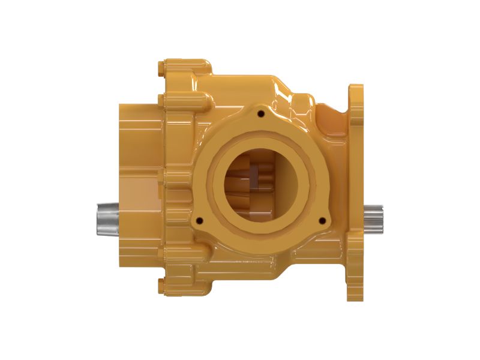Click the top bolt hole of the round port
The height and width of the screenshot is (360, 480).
[260, 112]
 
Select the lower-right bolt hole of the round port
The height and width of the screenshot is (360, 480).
[324, 220]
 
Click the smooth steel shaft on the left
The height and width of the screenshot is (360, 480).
[108, 219]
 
